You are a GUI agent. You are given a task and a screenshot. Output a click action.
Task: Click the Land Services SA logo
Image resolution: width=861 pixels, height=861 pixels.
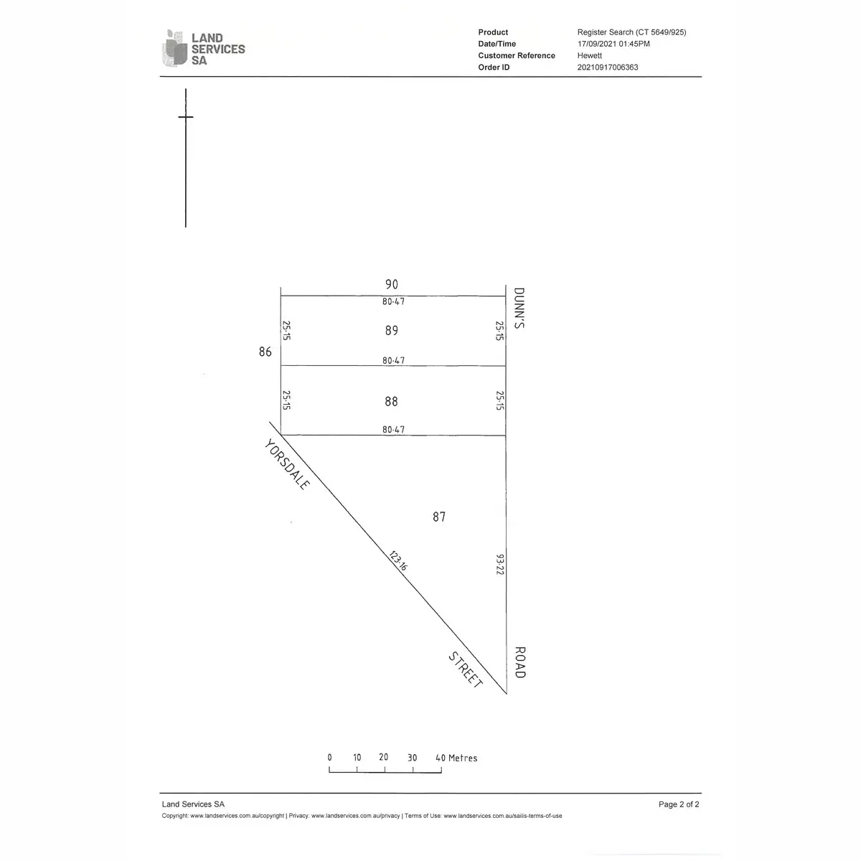tap(203, 48)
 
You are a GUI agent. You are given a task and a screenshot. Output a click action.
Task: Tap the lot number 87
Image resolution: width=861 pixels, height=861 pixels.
tap(439, 517)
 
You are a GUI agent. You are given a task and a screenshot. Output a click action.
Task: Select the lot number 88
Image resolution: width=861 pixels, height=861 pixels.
tap(391, 401)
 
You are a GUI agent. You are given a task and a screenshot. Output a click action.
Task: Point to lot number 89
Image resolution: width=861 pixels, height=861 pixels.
tap(392, 330)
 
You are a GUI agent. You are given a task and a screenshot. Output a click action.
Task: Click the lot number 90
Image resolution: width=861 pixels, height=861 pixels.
tap(392, 284)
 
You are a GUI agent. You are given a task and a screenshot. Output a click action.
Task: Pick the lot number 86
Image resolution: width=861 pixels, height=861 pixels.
tap(265, 352)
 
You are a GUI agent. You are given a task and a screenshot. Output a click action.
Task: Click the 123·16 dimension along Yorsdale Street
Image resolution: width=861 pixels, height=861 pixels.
tap(397, 561)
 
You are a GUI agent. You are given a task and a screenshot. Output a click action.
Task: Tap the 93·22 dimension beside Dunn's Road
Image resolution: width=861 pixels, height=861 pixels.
tap(500, 565)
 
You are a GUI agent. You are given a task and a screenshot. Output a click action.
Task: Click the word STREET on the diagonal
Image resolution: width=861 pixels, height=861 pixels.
tap(465, 669)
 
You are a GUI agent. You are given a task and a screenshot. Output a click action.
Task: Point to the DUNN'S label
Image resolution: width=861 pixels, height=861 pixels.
tap(519, 308)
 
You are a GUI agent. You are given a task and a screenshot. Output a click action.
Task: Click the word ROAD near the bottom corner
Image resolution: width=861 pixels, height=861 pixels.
tap(519, 662)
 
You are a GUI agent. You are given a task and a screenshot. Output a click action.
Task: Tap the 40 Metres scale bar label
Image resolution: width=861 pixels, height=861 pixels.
tap(456, 758)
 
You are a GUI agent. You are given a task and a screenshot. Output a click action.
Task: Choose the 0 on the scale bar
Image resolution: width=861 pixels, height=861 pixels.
tap(330, 758)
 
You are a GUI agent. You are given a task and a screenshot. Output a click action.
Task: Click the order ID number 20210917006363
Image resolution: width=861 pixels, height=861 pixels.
tap(608, 67)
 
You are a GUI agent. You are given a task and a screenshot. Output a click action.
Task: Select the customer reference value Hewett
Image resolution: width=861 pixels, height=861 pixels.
tap(589, 55)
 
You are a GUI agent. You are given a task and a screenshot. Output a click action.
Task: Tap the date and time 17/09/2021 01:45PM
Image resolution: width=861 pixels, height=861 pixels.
tap(613, 44)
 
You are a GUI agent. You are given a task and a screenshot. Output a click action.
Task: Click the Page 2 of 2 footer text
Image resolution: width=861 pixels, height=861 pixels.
tap(679, 804)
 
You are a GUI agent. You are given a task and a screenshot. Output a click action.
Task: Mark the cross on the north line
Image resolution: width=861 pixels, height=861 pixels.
tap(186, 117)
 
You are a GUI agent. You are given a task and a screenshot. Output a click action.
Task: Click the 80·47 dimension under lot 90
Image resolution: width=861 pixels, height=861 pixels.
tap(393, 301)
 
